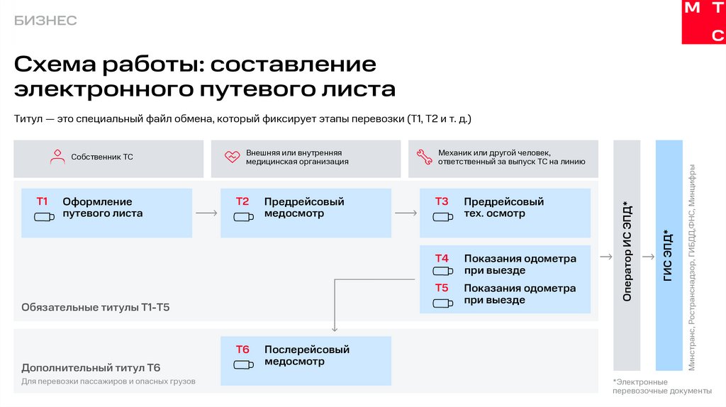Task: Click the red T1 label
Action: (42, 201)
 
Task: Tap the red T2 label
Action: (242, 201)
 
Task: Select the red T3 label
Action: (442, 201)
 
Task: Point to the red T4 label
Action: (442, 258)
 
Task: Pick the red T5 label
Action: (442, 288)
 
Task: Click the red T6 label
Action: (242, 350)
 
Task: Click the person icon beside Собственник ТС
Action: (57, 157)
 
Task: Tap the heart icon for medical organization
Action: (232, 157)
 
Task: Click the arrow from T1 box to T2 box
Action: (206, 212)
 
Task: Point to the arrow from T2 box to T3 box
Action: (406, 212)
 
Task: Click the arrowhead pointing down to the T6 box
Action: (334, 328)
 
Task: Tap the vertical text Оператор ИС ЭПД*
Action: (627, 252)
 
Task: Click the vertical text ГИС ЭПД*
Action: (669, 256)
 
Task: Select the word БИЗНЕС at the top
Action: (45, 21)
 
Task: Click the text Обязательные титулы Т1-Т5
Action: (96, 308)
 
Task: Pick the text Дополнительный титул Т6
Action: (91, 367)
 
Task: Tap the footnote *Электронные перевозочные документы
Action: (661, 386)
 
